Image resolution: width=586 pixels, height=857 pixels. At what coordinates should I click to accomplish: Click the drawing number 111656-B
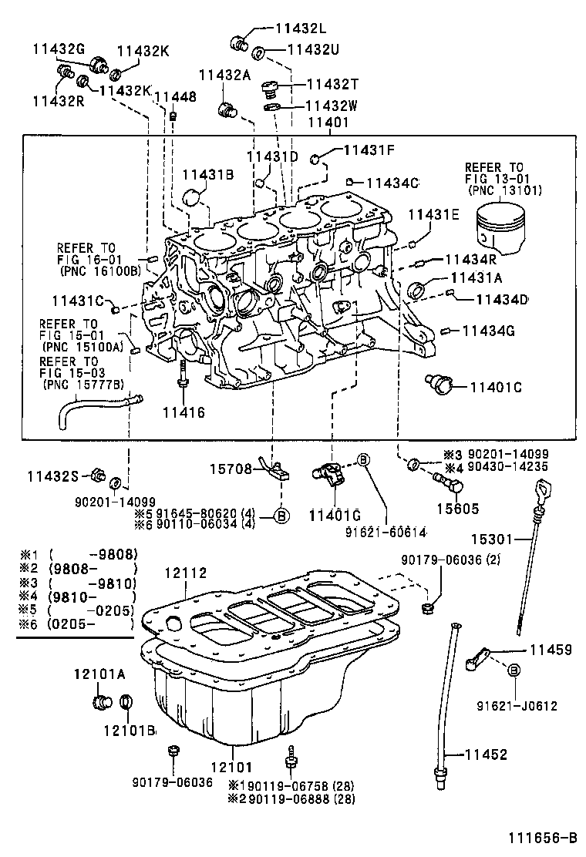pos(541,838)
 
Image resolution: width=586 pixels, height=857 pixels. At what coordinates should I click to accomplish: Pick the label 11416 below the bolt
pos(184,412)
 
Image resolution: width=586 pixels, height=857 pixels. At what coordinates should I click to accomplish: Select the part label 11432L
pos(300,27)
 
